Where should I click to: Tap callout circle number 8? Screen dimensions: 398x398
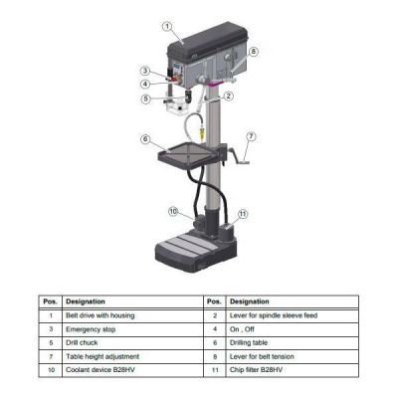tap(253, 52)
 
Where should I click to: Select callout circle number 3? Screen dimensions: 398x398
tap(145, 70)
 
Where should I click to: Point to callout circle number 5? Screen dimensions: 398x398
tap(145, 99)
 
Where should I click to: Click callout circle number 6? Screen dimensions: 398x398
tap(145, 138)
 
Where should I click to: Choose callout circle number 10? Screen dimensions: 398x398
tap(173, 211)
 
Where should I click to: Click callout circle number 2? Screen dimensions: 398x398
tap(228, 97)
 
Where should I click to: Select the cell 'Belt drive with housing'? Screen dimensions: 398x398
tap(99, 314)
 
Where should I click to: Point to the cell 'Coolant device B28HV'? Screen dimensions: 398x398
tap(100, 368)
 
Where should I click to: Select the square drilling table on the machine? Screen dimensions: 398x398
tap(190, 151)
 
